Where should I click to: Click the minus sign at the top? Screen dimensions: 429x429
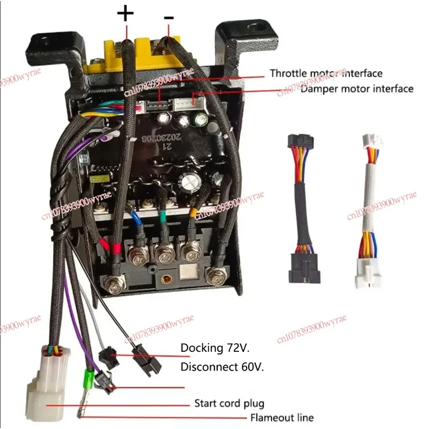pyautogui.click(x=169, y=17)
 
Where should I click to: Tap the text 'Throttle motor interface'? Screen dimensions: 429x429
pyautogui.click(x=326, y=73)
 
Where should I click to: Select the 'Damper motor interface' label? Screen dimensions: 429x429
pyautogui.click(x=357, y=88)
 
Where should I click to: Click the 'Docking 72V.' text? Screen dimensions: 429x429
pyautogui.click(x=215, y=349)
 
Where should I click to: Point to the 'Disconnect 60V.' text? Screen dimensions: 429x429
pyautogui.click(x=223, y=367)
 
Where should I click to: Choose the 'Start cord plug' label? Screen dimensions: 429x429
pyautogui.click(x=229, y=403)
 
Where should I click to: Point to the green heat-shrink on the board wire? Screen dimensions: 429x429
pyautogui.click(x=161, y=217)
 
